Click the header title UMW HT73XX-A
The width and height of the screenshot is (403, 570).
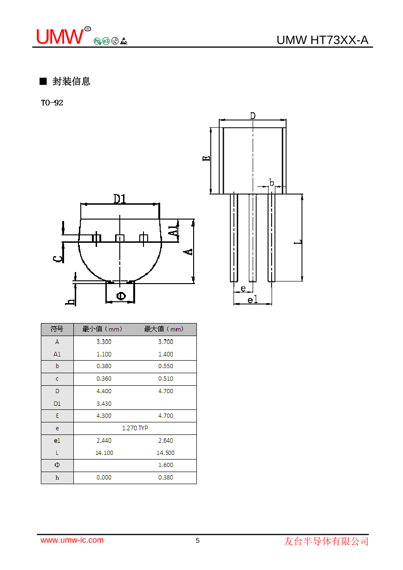tap(322, 40)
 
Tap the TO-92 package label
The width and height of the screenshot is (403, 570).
tap(52, 103)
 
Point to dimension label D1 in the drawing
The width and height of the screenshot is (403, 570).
tap(120, 199)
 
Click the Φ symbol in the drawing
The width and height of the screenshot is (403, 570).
tap(120, 296)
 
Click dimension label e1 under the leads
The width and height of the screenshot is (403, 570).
tap(252, 300)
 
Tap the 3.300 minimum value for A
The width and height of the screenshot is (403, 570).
tap(104, 342)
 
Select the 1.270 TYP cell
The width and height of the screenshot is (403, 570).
tap(135, 428)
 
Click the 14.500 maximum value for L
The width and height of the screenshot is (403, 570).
tap(165, 453)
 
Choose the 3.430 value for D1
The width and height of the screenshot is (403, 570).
tap(104, 403)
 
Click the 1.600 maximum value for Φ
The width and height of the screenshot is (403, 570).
tap(165, 465)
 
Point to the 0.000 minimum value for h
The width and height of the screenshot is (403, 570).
tap(104, 478)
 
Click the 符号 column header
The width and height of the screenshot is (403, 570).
tap(57, 329)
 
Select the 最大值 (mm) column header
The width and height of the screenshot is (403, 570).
tap(164, 329)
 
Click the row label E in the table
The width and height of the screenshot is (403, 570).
tap(57, 416)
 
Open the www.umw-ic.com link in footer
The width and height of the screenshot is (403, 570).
tap(72, 540)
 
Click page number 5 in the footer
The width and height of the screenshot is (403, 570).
tap(198, 541)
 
